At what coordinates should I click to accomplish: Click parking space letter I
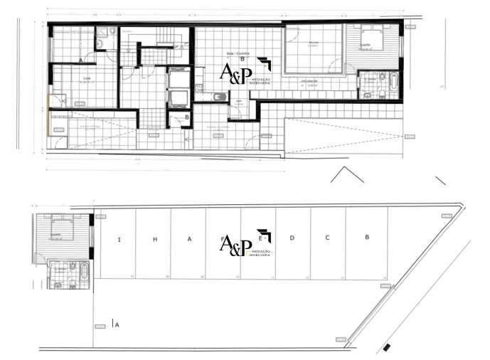[x=118, y=239]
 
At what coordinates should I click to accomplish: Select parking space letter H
[x=154, y=239]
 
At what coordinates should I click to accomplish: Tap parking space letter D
[x=292, y=238]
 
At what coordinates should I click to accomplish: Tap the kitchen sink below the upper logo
[x=220, y=97]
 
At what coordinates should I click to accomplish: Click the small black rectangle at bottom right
[x=386, y=348]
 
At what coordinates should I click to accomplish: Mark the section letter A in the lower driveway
[x=117, y=324]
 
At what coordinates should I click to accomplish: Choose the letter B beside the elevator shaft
[x=186, y=117]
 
